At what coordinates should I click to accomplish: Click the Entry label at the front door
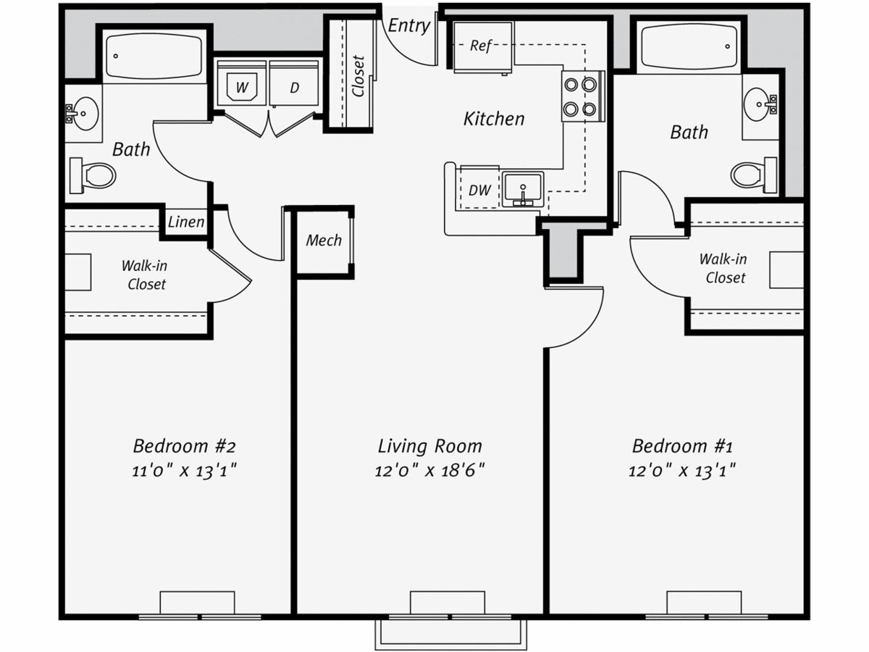[408, 26]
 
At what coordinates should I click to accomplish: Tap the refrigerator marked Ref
[482, 47]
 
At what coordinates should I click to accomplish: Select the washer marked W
[241, 83]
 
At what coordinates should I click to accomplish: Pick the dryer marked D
[294, 83]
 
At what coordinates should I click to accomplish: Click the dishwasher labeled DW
[479, 188]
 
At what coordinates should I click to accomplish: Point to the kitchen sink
[523, 189]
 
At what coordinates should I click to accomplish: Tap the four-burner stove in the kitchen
[583, 96]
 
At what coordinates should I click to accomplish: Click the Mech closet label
[324, 241]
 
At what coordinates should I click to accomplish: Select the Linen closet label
[186, 222]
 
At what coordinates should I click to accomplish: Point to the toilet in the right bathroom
[754, 175]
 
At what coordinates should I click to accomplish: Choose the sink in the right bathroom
[760, 104]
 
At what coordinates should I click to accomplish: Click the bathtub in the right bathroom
[689, 46]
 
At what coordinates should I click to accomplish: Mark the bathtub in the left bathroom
[154, 56]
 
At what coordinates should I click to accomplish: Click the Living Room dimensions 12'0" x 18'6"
[430, 471]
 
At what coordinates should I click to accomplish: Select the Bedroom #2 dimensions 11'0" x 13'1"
[185, 471]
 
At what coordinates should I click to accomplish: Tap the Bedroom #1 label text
[682, 446]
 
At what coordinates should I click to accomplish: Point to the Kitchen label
[494, 119]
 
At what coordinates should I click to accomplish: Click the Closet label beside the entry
[358, 76]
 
